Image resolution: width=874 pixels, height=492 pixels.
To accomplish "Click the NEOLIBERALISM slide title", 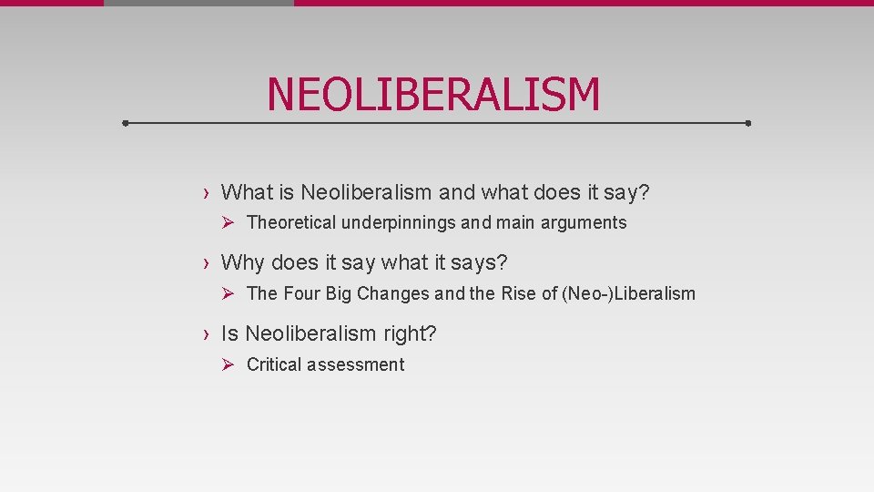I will [x=433, y=95].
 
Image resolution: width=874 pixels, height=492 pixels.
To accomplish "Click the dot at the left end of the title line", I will [x=126, y=122].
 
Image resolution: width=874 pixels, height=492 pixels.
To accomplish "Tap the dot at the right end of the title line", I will [x=747, y=122].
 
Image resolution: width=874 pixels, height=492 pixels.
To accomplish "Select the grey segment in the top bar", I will [x=198, y=3].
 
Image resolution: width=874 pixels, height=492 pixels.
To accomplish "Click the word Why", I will [x=242, y=263].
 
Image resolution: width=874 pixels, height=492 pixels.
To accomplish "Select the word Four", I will [x=301, y=293].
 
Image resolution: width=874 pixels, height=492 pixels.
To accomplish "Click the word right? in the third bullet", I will [x=410, y=334].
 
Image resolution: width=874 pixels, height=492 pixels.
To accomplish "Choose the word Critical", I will [x=274, y=364].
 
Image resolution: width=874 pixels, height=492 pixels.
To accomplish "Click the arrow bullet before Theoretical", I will [x=229, y=222].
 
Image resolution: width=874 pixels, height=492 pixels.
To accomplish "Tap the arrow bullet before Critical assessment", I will [x=229, y=364].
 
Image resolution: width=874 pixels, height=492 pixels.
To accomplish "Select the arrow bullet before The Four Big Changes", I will [x=229, y=293].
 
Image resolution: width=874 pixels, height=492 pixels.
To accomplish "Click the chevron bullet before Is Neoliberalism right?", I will [x=208, y=334].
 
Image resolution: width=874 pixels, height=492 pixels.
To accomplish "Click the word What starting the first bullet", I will [x=247, y=192].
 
